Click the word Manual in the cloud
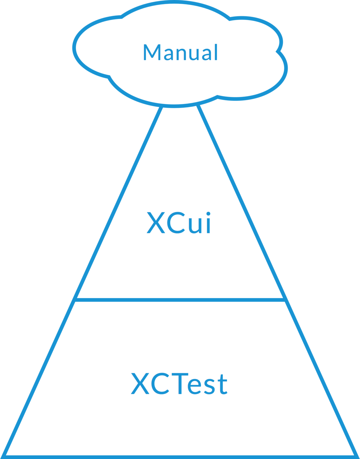[x=180, y=53]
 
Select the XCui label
[x=179, y=223]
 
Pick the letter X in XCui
[x=156, y=223]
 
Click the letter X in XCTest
[x=140, y=384]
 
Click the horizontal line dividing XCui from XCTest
[x=180, y=300]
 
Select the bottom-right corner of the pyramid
[x=355, y=455]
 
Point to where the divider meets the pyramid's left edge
[x=75, y=300]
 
